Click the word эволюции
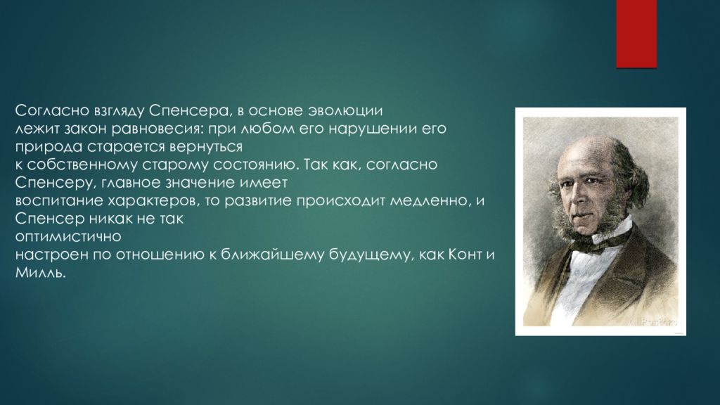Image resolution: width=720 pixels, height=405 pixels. (345, 111)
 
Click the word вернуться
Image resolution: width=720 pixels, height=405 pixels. (206, 147)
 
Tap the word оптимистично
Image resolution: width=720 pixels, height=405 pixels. (68, 237)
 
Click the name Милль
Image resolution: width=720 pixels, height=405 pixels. (40, 273)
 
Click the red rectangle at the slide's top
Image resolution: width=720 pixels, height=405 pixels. (636, 34)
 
